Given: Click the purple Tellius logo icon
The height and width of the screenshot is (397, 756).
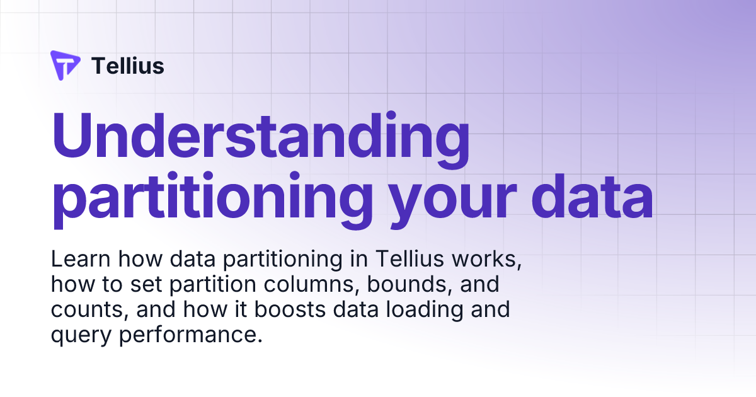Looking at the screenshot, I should (65, 66).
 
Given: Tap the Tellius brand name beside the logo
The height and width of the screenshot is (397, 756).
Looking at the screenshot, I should (128, 66).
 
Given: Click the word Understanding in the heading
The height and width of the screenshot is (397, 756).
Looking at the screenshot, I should (260, 137).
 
